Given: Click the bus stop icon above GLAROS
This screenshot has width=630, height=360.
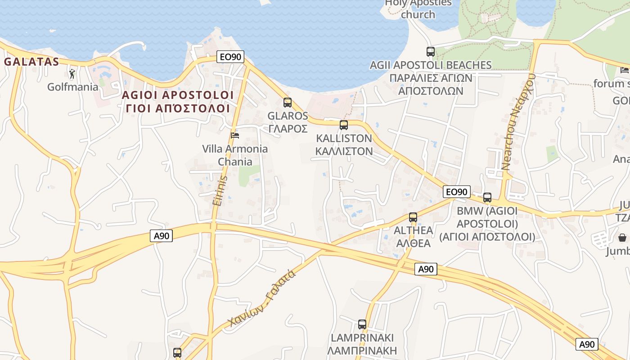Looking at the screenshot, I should [x=288, y=103].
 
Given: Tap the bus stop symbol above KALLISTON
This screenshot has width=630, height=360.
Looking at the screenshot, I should [x=344, y=125].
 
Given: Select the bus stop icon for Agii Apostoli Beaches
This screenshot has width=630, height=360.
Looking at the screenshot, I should [x=431, y=52].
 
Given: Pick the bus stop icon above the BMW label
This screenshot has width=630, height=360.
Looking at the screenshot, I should [x=487, y=197].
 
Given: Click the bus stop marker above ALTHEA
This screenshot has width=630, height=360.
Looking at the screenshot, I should [x=413, y=217].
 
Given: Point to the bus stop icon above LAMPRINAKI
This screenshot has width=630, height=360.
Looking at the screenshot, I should [x=362, y=324].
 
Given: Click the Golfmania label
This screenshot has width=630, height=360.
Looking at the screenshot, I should [x=73, y=87].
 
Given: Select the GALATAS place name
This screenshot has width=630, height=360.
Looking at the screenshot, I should [x=31, y=62].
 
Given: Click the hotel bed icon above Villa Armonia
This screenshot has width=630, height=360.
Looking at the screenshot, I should [x=235, y=135].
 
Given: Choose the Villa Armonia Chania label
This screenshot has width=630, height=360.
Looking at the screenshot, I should [x=235, y=155].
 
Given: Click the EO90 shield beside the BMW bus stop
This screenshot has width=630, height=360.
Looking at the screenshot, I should [x=457, y=192].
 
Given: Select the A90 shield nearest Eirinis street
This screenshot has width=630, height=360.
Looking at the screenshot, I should [x=161, y=236].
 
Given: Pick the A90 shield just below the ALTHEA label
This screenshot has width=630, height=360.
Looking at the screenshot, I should [x=426, y=269].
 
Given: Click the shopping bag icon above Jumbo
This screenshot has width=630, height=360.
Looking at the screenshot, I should [x=622, y=237].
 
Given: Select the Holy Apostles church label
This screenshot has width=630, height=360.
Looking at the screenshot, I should [x=418, y=9].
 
